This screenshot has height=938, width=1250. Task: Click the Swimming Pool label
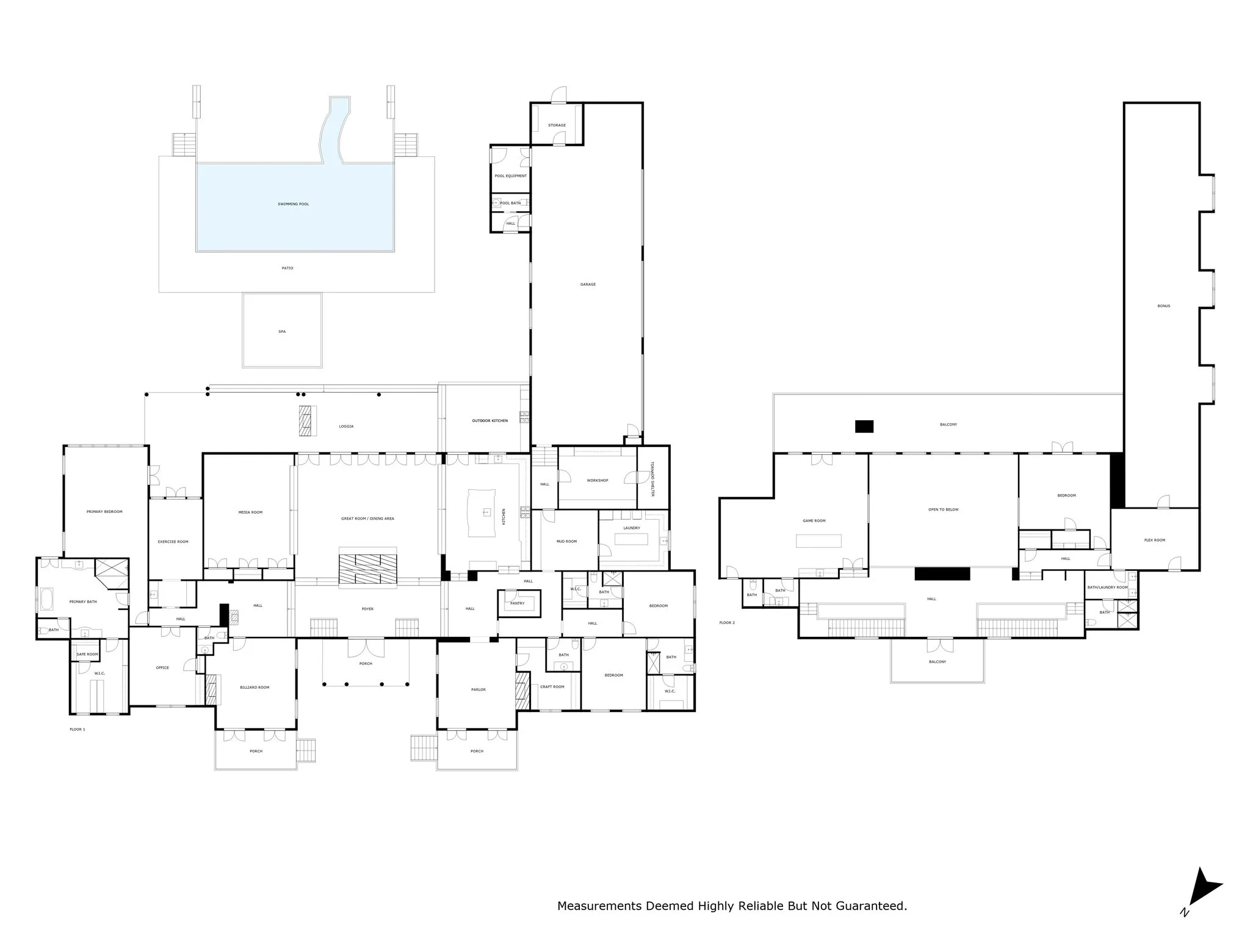(293, 204)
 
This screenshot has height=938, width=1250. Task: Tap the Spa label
(282, 332)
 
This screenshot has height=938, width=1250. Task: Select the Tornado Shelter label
(652, 478)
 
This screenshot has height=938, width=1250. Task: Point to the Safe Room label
(87, 654)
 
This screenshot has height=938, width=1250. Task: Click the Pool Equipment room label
(510, 176)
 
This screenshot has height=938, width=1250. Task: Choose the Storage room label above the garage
(557, 125)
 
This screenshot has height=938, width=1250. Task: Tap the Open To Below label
(943, 509)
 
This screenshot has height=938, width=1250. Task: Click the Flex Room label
(1154, 540)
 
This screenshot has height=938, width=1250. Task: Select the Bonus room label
(1163, 306)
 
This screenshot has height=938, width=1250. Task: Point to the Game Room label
(814, 521)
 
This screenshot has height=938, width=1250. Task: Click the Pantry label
(517, 603)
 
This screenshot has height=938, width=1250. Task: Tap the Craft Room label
(552, 686)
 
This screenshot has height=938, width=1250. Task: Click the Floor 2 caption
(727, 623)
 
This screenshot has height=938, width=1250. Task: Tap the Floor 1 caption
(78, 729)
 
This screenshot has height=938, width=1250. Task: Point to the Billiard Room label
(255, 687)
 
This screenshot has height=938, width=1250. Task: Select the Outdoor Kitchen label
(490, 421)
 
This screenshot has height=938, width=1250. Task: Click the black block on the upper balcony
(864, 426)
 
